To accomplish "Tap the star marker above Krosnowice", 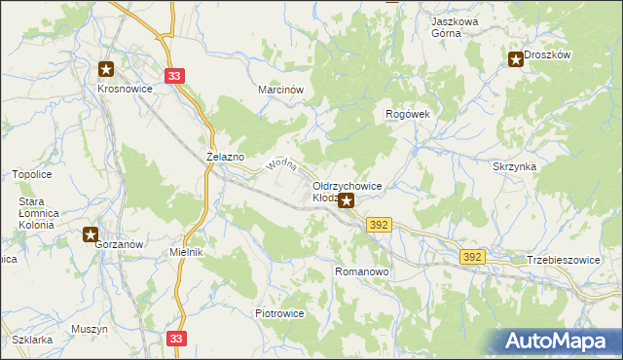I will pos(106,69).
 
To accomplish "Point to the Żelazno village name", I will pos(226,156).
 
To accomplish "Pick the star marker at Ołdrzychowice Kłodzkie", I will pos(346,202).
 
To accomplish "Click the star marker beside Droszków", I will pos(516,59).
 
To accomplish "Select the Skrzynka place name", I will pos(514,166).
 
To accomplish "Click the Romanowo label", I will pos(362,272).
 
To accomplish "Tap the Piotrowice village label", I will pos(280,314).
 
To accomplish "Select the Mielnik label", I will pos(185,252).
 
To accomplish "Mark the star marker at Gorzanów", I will pos(91,234).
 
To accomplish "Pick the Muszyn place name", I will pos(90,330).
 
